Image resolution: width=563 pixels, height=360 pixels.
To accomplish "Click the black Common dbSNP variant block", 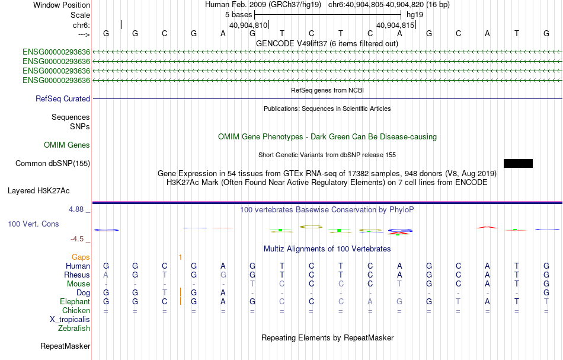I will (518, 163).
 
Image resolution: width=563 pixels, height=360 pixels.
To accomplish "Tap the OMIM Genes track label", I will (67, 145).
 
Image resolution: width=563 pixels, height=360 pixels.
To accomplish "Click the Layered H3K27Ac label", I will (39, 191).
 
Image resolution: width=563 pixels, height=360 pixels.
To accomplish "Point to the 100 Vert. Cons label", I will (33, 224).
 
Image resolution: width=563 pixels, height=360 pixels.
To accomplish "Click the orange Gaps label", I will (81, 257).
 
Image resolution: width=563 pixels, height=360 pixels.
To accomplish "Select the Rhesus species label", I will (77, 275).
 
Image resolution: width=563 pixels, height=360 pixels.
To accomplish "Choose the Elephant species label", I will (75, 301).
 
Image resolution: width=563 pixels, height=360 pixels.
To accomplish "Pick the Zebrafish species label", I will (74, 328).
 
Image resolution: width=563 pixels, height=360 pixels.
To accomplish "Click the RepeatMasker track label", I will (65, 346).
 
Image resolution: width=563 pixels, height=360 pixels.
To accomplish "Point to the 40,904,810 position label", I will (248, 26).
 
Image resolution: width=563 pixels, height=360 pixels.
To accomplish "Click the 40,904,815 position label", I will (395, 26).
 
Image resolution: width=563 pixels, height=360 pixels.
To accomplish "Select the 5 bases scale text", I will (239, 14).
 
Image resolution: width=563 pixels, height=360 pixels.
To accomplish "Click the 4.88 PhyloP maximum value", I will (78, 209).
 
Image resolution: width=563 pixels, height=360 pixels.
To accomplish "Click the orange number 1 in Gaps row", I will (180, 257).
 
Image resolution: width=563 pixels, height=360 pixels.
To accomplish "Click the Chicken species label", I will (76, 310).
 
